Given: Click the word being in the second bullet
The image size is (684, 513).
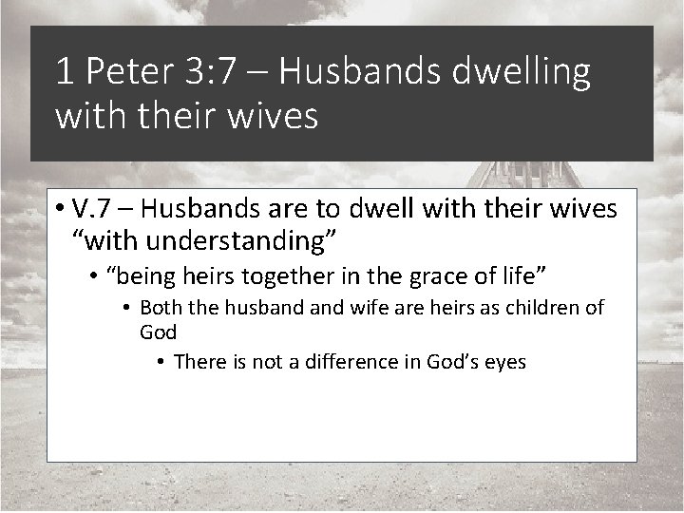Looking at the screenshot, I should [x=146, y=275].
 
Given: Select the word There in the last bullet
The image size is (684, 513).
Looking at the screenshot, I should [x=200, y=362].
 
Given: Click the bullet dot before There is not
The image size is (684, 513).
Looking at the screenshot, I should [x=163, y=363].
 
